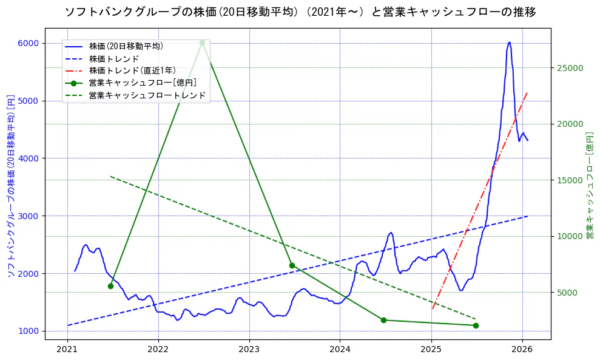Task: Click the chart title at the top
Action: coord(300,12)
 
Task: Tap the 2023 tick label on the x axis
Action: coord(249,350)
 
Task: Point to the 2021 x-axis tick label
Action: coord(67,350)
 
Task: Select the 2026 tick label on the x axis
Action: coord(522,350)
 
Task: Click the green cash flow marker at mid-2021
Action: coord(110,286)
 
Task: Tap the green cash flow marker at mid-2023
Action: coord(292,265)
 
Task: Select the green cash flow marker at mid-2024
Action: coord(383,320)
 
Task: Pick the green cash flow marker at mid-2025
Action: coord(476,325)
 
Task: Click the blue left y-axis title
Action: coord(11,185)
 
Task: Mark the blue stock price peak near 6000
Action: coord(510,42)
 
